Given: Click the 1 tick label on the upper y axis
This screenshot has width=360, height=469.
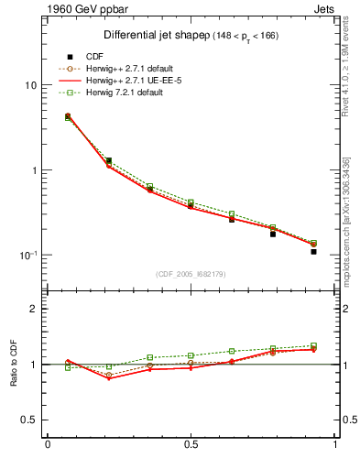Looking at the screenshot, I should tap(33, 170).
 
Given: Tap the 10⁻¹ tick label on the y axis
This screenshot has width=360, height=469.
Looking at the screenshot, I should tap(27, 255).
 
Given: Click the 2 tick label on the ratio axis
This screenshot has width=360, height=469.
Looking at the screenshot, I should tap(33, 309).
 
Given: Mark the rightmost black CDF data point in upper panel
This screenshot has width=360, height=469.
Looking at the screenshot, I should tap(313, 251).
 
